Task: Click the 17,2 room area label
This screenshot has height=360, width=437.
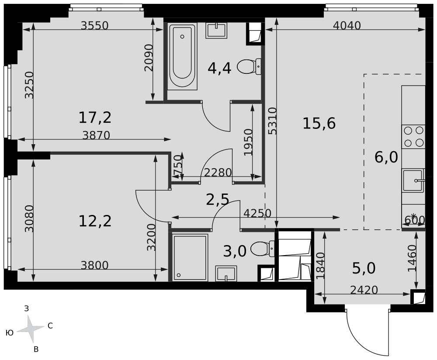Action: click(x=95, y=118)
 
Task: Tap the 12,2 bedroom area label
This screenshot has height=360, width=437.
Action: click(x=95, y=221)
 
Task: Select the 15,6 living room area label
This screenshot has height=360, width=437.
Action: click(x=319, y=123)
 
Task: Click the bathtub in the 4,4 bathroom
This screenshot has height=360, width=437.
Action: click(x=183, y=56)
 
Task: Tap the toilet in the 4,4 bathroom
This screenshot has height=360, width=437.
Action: click(x=249, y=66)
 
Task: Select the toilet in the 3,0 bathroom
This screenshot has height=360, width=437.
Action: click(x=263, y=248)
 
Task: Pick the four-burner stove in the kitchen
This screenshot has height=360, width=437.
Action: click(x=413, y=137)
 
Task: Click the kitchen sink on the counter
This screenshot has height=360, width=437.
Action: click(x=413, y=180)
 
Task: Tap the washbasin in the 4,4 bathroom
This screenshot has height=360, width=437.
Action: click(x=216, y=30)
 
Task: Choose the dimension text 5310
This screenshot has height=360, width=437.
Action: click(x=273, y=121)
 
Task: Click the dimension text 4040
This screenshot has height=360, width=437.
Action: click(x=347, y=26)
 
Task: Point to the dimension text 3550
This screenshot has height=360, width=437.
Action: click(x=94, y=26)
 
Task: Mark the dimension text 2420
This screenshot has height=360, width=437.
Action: click(x=364, y=290)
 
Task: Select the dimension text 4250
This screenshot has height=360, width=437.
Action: click(x=257, y=213)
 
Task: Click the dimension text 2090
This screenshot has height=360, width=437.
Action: click(x=149, y=58)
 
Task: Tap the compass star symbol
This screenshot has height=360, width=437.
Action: click(x=31, y=329)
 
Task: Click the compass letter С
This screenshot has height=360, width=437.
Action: click(x=50, y=325)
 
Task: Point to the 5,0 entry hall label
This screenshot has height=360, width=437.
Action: click(x=364, y=268)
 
